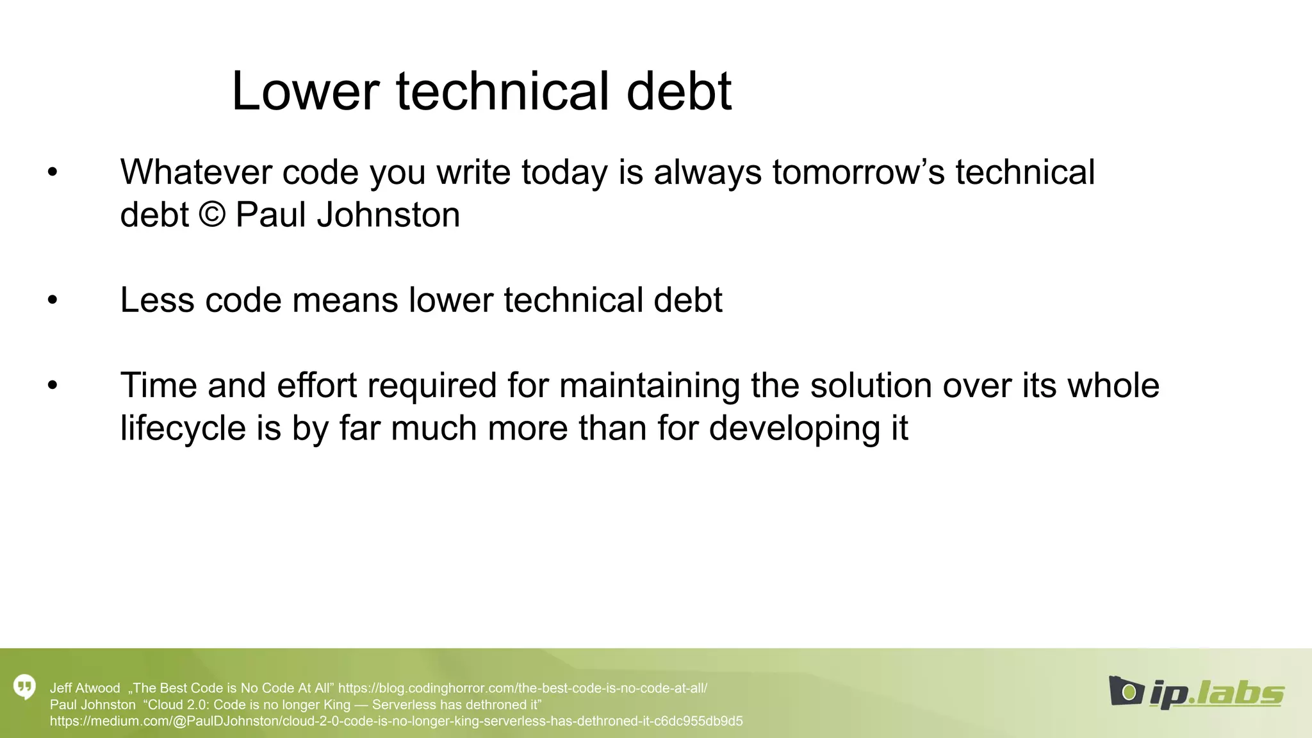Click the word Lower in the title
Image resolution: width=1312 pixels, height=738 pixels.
(x=305, y=92)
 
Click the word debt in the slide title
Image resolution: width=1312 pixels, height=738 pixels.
(x=678, y=92)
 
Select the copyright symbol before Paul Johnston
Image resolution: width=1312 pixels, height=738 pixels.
(x=212, y=214)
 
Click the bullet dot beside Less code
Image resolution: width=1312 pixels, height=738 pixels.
(x=53, y=300)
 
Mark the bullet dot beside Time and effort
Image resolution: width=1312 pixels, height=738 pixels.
(x=53, y=386)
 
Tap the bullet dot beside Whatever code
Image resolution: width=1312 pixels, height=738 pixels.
(x=53, y=172)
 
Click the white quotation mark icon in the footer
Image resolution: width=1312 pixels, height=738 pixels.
(x=24, y=687)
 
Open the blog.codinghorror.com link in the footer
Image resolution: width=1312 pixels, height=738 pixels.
(x=522, y=688)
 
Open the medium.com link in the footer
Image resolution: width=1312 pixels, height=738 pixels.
(x=396, y=721)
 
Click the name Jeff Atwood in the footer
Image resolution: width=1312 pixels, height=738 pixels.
(x=85, y=688)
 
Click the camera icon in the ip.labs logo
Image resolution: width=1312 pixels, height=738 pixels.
(x=1126, y=691)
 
